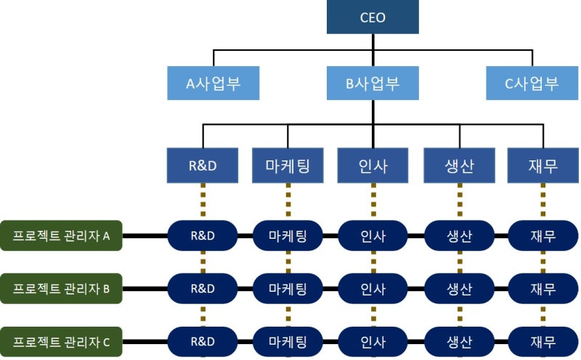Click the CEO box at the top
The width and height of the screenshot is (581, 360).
pyautogui.click(x=373, y=17)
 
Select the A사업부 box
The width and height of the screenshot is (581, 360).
pyautogui.click(x=213, y=83)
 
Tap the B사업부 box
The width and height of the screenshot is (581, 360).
pyautogui.click(x=373, y=83)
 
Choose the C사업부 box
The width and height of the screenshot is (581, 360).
pyautogui.click(x=532, y=83)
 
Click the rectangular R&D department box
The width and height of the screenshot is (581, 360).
pyautogui.click(x=203, y=165)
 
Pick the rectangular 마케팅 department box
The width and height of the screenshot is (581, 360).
pyautogui.click(x=288, y=165)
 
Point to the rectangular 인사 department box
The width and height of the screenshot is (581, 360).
pyautogui.click(x=373, y=165)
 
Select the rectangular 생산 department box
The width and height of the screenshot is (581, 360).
pyautogui.click(x=460, y=165)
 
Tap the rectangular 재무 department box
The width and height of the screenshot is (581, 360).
pyautogui.click(x=543, y=165)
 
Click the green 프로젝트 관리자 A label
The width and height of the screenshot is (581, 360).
pyautogui.click(x=61, y=236)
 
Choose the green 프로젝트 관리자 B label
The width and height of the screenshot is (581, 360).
pyautogui.click(x=61, y=289)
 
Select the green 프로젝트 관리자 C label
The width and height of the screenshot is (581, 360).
pyautogui.click(x=61, y=341)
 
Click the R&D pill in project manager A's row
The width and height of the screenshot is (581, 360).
pyautogui.click(x=203, y=236)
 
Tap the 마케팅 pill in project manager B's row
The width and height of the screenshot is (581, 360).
pyautogui.click(x=288, y=289)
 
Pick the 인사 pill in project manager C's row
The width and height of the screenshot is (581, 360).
pyautogui.click(x=373, y=341)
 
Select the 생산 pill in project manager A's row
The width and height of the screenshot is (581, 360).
pyautogui.click(x=460, y=236)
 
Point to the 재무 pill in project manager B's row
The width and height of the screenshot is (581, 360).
pyautogui.click(x=543, y=289)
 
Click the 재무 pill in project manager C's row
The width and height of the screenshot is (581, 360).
pyautogui.click(x=543, y=341)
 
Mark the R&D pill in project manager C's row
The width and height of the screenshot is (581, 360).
pyautogui.click(x=203, y=341)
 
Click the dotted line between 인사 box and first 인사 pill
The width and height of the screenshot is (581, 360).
pyautogui.click(x=373, y=202)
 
